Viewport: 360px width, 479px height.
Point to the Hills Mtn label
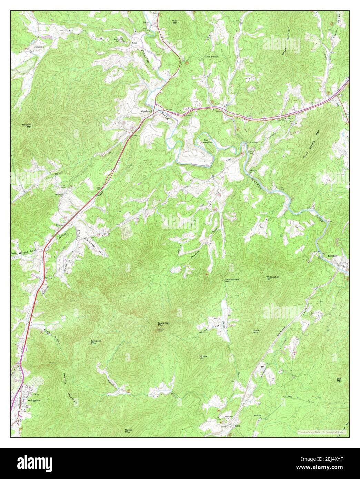click(x=175, y=22)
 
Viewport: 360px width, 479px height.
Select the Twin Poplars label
click(x=212, y=57)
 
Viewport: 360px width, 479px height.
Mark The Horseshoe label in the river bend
click(x=206, y=141)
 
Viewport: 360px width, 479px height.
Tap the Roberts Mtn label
click(x=27, y=126)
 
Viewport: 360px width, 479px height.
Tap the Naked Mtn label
click(x=129, y=431)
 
